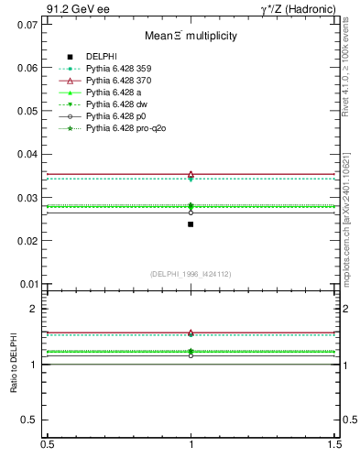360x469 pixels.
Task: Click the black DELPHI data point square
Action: pyautogui.click(x=191, y=224)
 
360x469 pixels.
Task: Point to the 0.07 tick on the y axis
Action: pyautogui.click(x=27, y=24)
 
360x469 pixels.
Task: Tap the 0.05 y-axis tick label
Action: pyautogui.click(x=27, y=111)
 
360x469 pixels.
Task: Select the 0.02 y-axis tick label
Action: pyautogui.click(x=27, y=241)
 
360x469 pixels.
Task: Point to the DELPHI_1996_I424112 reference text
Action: pyautogui.click(x=191, y=273)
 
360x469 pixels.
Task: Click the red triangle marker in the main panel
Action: pyautogui.click(x=191, y=173)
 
